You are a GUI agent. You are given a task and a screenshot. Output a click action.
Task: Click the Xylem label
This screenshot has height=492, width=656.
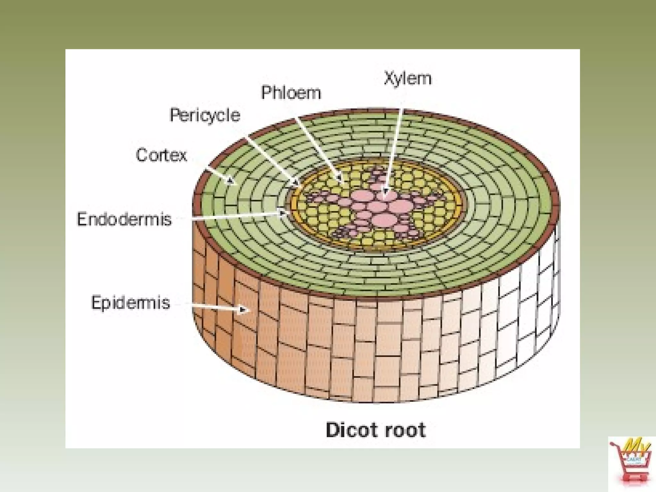407,79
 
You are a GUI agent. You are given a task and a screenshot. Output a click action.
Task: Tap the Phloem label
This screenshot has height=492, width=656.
291,93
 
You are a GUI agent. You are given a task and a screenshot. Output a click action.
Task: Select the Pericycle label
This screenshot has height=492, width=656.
205,115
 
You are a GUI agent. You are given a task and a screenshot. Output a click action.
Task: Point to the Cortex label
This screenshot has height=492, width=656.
161,156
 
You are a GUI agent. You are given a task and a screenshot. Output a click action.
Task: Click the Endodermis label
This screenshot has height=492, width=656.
124,220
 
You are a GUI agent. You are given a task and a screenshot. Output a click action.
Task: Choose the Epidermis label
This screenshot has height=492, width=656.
130,303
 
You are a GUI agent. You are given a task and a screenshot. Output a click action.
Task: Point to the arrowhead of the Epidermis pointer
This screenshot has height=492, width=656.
243,310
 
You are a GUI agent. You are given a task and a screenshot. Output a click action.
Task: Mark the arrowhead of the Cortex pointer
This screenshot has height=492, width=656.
230,181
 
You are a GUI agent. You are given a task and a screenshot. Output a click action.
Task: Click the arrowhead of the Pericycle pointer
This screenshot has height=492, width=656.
295,184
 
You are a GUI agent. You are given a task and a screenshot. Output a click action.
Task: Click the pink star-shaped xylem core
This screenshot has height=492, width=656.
372,205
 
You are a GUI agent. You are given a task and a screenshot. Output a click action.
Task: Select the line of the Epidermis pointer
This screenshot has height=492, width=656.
215,307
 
